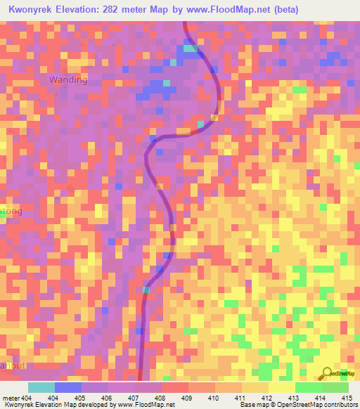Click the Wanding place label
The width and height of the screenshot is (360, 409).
[x=68, y=80]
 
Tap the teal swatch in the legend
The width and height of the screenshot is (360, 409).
[x=41, y=387]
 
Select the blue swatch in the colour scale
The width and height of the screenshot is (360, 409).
[x=68, y=387]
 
